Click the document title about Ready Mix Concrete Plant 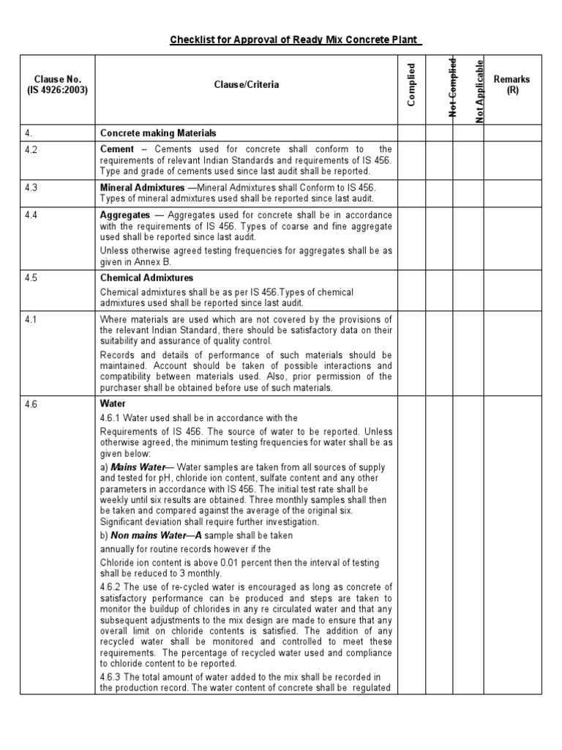click(x=296, y=39)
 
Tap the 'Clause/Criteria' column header click(x=246, y=85)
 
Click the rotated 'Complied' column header click(x=412, y=85)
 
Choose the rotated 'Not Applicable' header click(x=479, y=89)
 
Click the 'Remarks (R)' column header click(x=512, y=85)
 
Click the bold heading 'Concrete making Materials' click(x=158, y=133)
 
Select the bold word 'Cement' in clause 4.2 click(x=116, y=149)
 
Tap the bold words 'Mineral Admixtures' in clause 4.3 click(x=142, y=187)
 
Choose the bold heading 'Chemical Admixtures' click(x=146, y=278)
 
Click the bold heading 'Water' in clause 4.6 click(x=113, y=404)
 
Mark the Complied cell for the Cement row click(x=412, y=160)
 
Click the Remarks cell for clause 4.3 click(x=512, y=193)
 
